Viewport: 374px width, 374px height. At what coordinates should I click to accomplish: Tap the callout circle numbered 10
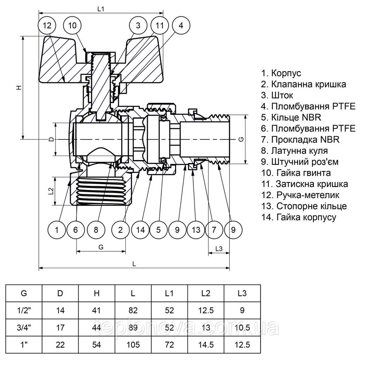73,26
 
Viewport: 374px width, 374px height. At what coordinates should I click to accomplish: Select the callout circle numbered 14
140,230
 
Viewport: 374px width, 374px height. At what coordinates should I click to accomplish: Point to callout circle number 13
196,230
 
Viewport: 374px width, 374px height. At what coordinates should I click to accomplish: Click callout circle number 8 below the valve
96,230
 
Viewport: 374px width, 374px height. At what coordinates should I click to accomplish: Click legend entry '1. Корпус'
281,73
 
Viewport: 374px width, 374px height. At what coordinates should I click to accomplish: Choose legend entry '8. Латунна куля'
294,151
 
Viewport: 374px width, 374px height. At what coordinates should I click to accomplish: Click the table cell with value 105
133,344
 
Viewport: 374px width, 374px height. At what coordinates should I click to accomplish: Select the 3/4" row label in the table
24,327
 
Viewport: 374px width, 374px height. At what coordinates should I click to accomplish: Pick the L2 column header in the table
205,293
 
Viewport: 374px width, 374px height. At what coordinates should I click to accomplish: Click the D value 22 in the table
60,344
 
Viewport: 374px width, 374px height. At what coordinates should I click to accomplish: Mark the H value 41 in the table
96,310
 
